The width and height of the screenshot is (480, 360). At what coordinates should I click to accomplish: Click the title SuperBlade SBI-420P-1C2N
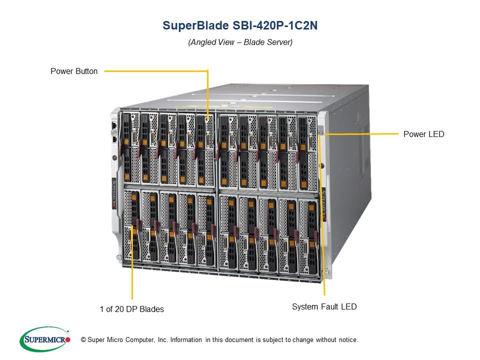point(240,26)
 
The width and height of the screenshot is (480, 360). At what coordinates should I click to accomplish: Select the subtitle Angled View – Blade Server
point(240,42)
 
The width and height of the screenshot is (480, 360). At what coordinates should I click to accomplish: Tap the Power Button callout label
point(74,71)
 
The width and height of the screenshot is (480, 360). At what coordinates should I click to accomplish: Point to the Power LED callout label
point(423,134)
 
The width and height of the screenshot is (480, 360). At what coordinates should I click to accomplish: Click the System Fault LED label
point(324,306)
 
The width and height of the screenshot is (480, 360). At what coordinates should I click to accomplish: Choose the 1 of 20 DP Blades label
point(131,309)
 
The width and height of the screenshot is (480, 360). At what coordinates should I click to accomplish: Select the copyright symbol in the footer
point(83,340)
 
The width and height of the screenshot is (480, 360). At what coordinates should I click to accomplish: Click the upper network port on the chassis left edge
point(114,124)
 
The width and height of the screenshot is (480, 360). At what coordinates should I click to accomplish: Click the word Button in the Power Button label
point(86,71)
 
